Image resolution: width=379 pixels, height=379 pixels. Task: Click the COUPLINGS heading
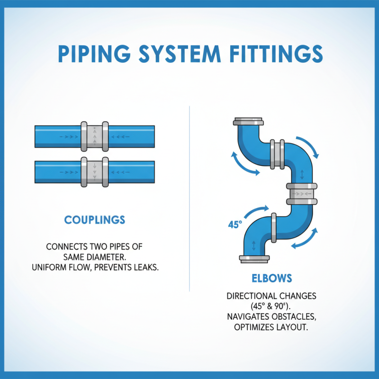point(95,220)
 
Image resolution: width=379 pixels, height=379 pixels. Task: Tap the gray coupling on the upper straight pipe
point(95,136)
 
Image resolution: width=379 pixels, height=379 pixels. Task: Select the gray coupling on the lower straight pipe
point(95,171)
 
